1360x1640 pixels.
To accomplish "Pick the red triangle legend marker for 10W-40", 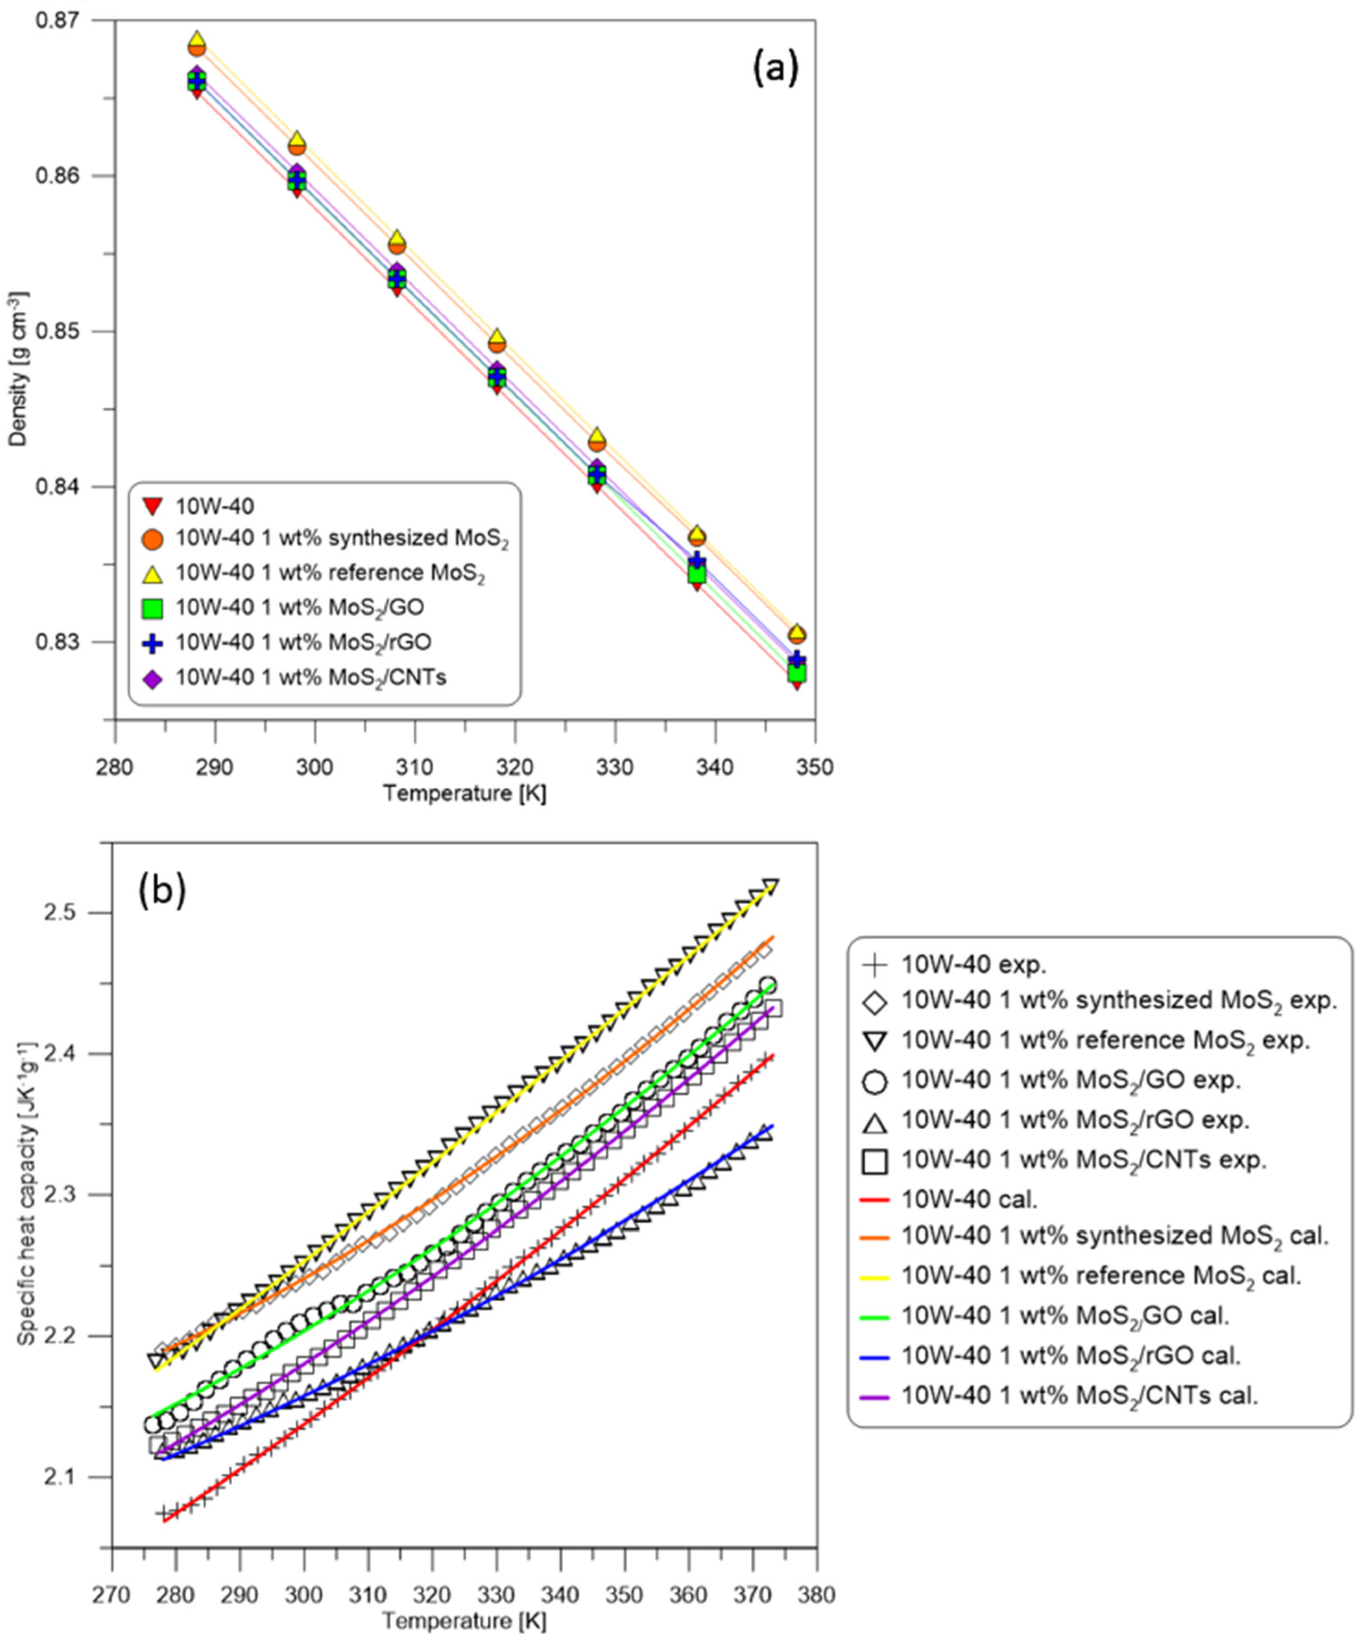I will tap(154, 507).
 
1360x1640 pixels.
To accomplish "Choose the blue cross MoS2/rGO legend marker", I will tap(154, 643).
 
